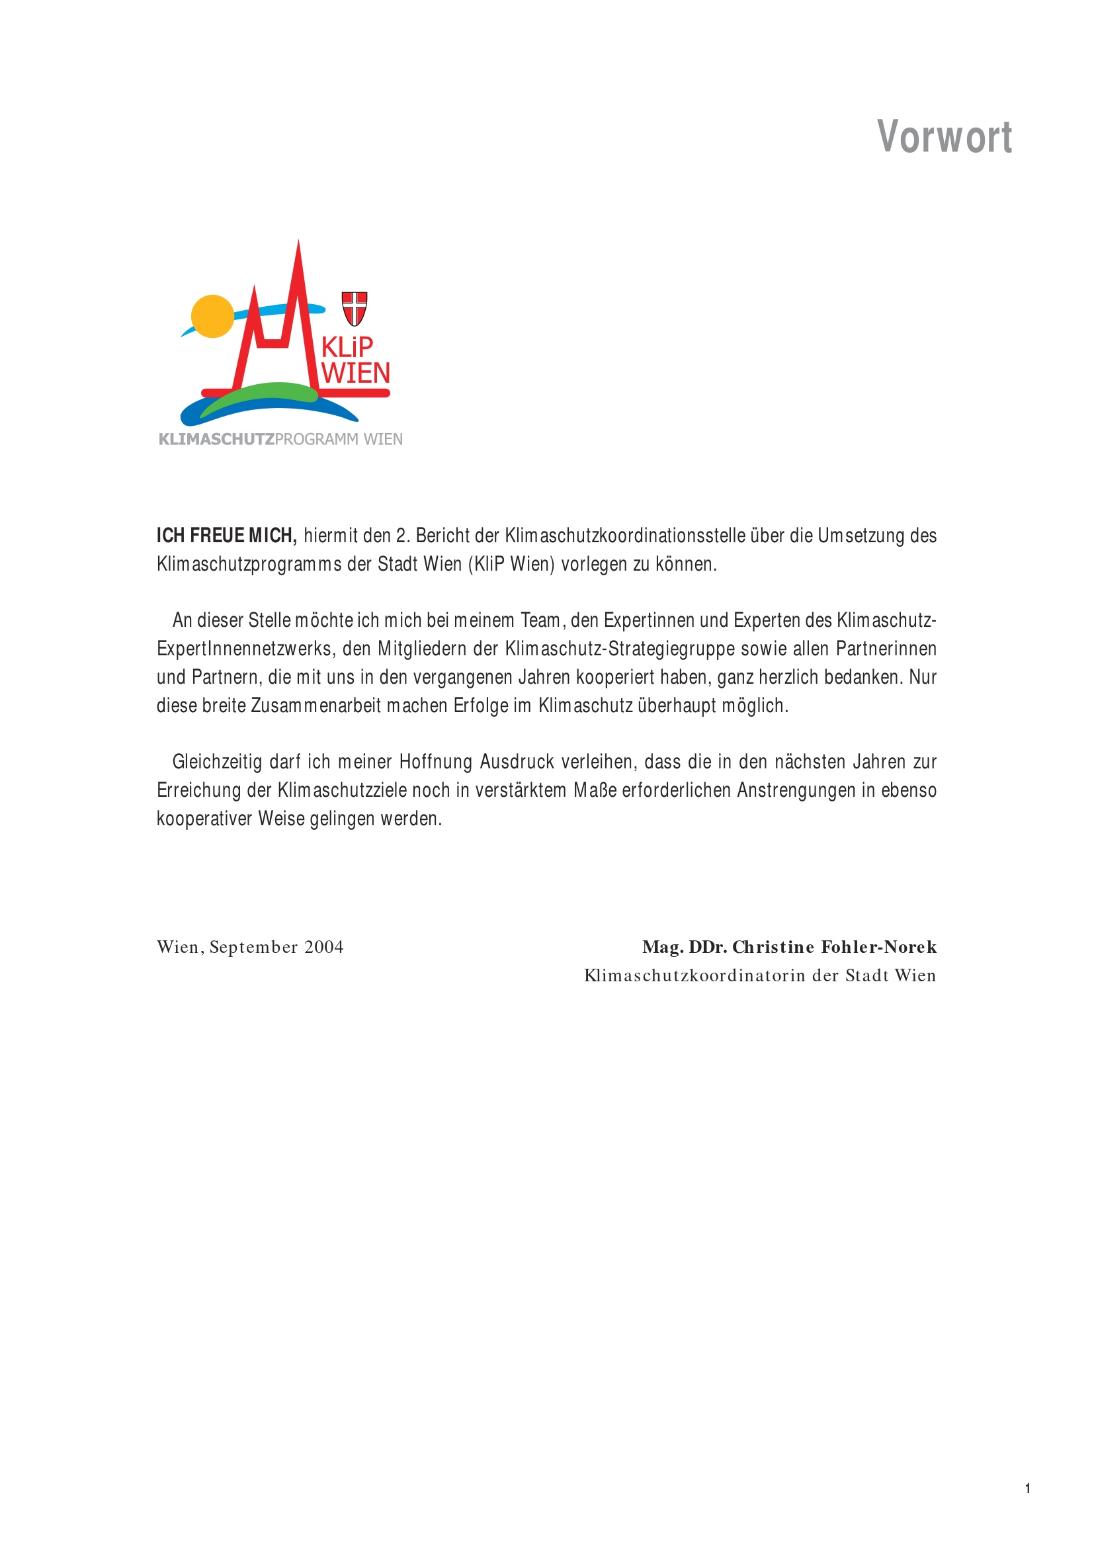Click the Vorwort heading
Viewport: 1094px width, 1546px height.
point(944,138)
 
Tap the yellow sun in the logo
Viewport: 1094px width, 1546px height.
point(212,316)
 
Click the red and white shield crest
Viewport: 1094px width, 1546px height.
point(355,308)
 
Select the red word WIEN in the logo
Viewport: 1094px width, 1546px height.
point(356,373)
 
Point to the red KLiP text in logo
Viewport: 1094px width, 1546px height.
point(347,347)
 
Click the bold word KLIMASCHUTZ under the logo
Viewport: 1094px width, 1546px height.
point(216,440)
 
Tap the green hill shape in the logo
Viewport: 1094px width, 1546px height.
point(263,393)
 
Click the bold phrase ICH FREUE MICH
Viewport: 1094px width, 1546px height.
point(226,536)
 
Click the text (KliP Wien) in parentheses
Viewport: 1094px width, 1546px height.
point(511,564)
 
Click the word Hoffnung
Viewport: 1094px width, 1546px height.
point(436,762)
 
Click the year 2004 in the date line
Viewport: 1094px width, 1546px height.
point(323,948)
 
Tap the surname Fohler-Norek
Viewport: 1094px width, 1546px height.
point(878,948)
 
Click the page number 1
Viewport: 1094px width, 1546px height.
point(1027,1488)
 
